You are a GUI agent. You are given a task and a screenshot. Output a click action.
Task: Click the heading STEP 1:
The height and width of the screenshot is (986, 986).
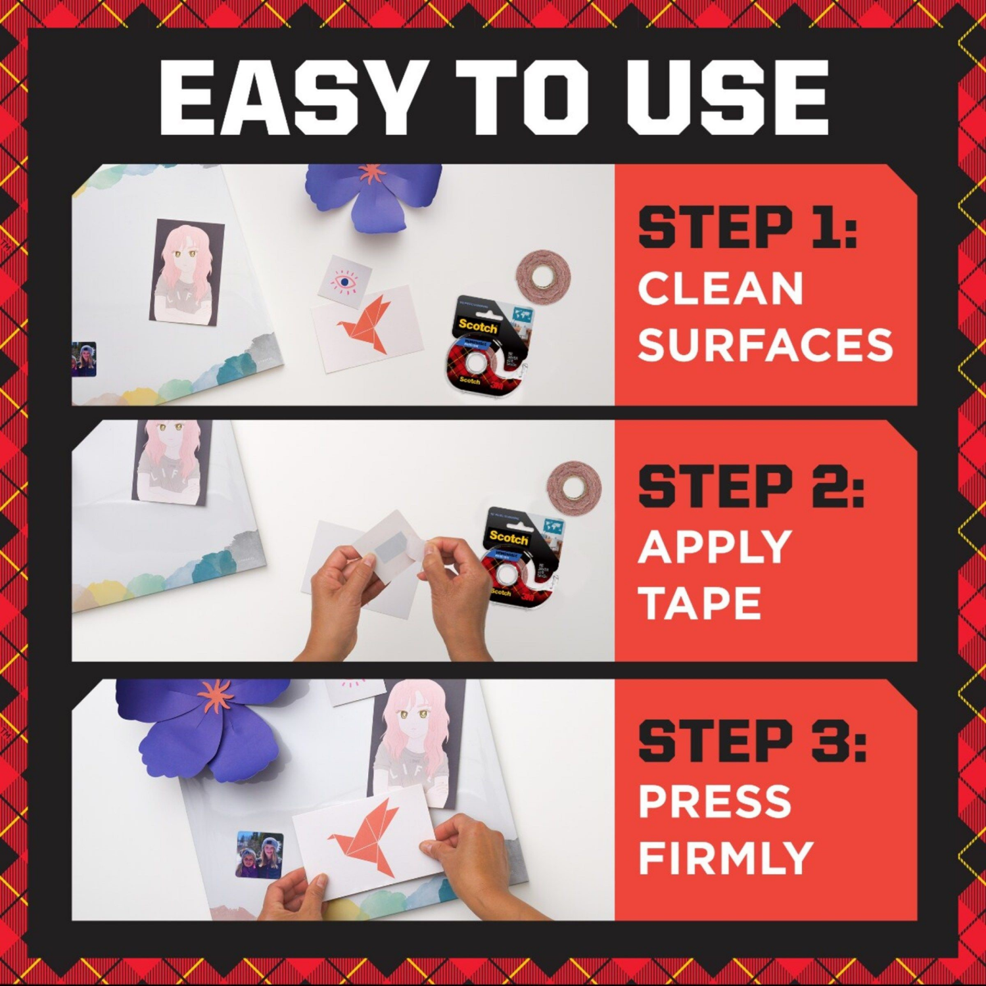tap(747, 227)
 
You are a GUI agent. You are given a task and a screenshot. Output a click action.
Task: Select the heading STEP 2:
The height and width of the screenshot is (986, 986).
tap(751, 486)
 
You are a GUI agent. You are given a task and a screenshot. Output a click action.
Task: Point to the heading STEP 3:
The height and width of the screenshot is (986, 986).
tap(752, 741)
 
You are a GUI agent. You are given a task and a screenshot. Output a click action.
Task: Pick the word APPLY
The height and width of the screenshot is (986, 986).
tap(715, 547)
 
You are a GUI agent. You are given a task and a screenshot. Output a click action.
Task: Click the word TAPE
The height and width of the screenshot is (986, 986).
tap(699, 603)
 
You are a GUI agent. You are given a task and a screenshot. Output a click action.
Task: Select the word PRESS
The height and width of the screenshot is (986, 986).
tap(715, 801)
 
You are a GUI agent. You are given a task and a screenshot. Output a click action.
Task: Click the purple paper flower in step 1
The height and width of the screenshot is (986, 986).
tap(373, 196)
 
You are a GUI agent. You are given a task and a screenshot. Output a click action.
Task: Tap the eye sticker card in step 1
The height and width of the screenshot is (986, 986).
tap(344, 281)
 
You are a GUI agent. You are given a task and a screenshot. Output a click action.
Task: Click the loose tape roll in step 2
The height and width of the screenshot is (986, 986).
tap(574, 487)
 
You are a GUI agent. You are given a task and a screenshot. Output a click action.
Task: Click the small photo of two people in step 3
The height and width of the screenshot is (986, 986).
tap(260, 855)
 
